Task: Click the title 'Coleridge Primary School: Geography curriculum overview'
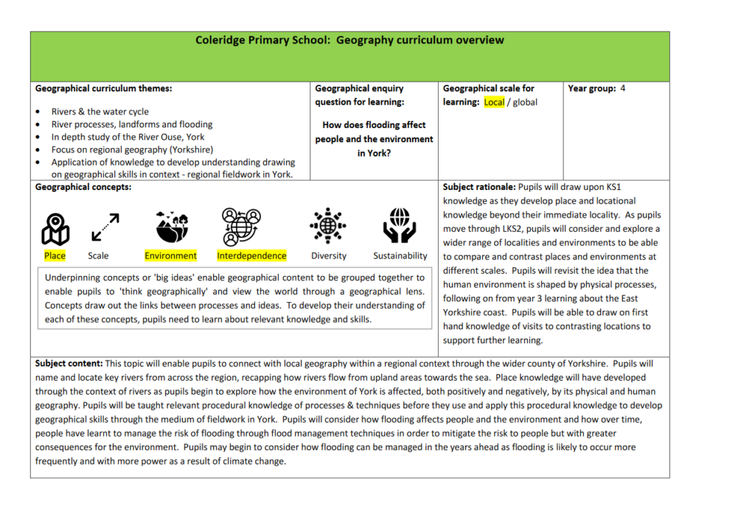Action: click(349, 41)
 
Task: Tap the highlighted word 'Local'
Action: click(494, 102)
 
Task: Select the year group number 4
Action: click(623, 88)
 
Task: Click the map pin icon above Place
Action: click(55, 228)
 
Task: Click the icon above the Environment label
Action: click(171, 226)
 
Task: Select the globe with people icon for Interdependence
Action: click(238, 226)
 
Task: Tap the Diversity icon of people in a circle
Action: click(328, 226)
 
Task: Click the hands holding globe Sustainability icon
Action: click(400, 226)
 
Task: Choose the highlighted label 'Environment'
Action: click(171, 256)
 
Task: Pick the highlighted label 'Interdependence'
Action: click(251, 256)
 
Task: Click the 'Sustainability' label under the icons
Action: click(400, 256)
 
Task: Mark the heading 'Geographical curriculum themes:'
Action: click(103, 88)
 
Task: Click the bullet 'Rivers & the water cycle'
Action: click(100, 112)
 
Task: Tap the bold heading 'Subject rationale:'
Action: click(479, 188)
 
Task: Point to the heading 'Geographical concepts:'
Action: click(83, 188)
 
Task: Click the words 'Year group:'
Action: click(591, 88)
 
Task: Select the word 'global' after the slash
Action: click(525, 102)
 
